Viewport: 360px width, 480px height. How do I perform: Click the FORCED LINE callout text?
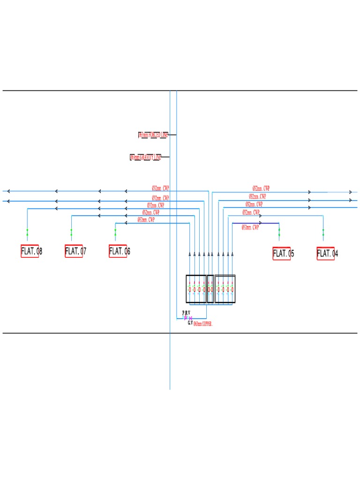coord(153,135)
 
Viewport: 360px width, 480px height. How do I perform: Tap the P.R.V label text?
coord(186,313)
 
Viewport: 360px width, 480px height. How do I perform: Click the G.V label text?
coord(190,323)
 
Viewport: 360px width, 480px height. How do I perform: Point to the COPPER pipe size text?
coord(203,324)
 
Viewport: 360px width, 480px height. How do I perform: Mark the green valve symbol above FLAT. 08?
coord(27,232)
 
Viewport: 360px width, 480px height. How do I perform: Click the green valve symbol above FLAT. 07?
coord(71,232)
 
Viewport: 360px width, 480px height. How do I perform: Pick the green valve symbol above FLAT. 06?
coord(115,232)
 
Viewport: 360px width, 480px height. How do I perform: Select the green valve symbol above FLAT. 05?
coord(279,232)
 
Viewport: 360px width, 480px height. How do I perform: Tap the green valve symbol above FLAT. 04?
coord(323,232)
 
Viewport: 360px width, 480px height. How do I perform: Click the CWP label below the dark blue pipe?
coord(250,227)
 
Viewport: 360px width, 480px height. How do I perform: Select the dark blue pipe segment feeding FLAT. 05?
coord(255,223)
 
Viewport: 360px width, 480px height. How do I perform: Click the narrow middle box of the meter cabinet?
coord(210,289)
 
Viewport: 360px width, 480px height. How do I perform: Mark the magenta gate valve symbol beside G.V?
coord(191,318)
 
